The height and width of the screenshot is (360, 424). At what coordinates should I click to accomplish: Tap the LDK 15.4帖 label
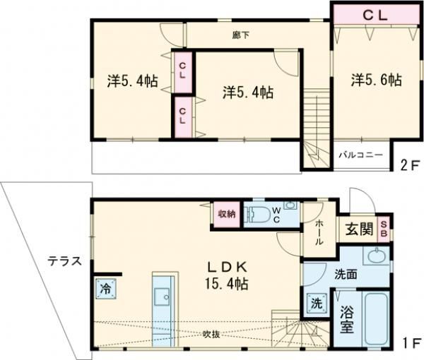click(x=226, y=275)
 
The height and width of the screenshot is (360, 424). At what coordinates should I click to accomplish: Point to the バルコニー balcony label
click(x=360, y=154)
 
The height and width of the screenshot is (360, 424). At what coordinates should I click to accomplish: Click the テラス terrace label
click(x=64, y=260)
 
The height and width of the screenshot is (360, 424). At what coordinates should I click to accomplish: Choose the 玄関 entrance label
click(x=359, y=229)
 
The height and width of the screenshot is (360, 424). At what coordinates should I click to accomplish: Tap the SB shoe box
click(x=384, y=228)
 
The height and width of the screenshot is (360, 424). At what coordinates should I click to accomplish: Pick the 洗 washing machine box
click(x=314, y=304)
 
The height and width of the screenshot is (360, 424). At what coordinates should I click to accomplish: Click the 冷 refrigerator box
click(x=104, y=289)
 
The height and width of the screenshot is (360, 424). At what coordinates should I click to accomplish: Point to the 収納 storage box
click(x=226, y=215)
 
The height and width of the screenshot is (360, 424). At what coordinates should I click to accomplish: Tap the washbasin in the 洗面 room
click(x=377, y=256)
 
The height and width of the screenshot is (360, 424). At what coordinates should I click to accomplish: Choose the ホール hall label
click(x=318, y=233)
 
